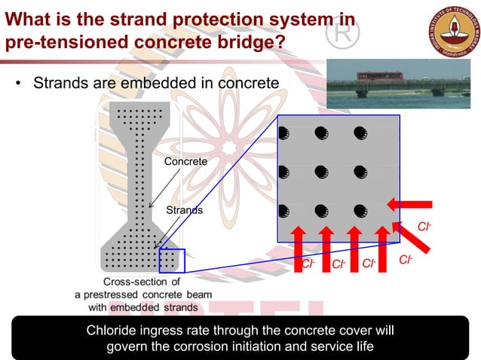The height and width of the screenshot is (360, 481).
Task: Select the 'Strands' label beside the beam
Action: point(184,210)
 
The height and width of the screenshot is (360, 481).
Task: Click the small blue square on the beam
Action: point(171,261)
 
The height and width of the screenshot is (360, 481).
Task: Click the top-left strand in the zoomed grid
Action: point(283,134)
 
